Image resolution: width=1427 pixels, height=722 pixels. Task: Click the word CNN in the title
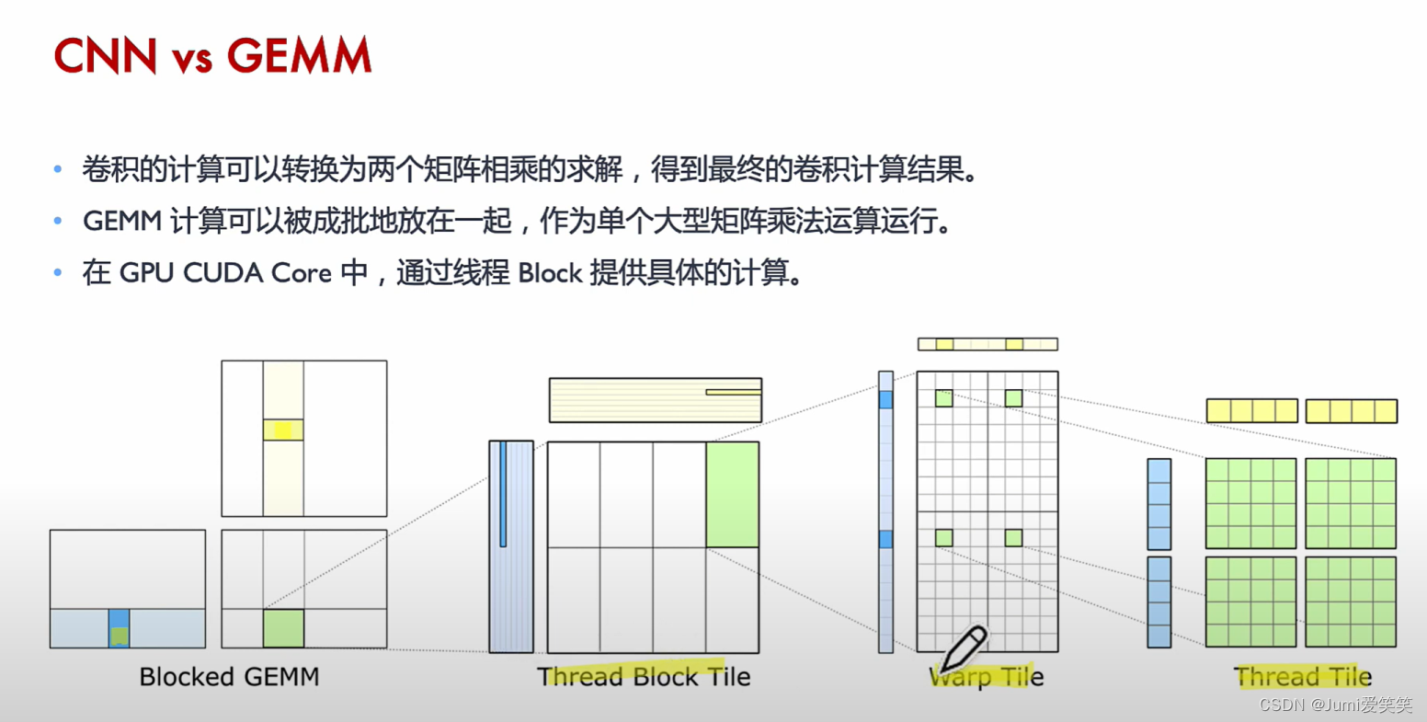tap(106, 56)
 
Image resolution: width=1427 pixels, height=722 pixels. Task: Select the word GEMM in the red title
tap(300, 56)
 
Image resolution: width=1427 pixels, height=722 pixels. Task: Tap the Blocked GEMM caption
tap(229, 677)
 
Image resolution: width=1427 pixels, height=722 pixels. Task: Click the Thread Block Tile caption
tap(644, 677)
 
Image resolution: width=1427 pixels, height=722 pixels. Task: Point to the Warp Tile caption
tap(987, 678)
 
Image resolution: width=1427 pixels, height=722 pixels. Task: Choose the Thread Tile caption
tap(1304, 678)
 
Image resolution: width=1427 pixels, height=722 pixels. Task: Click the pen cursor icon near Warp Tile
tap(962, 648)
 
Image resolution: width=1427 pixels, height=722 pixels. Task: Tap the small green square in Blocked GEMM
tap(283, 628)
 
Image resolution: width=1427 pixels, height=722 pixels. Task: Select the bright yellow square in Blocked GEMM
tap(283, 430)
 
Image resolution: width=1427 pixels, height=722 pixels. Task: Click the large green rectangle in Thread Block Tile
tap(732, 495)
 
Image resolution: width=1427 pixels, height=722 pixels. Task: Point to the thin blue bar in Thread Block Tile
tap(503, 494)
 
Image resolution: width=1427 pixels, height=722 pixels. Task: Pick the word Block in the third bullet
tap(550, 273)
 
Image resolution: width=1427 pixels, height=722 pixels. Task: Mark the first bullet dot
tap(60, 170)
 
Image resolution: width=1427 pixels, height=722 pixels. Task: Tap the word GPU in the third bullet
tap(147, 273)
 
